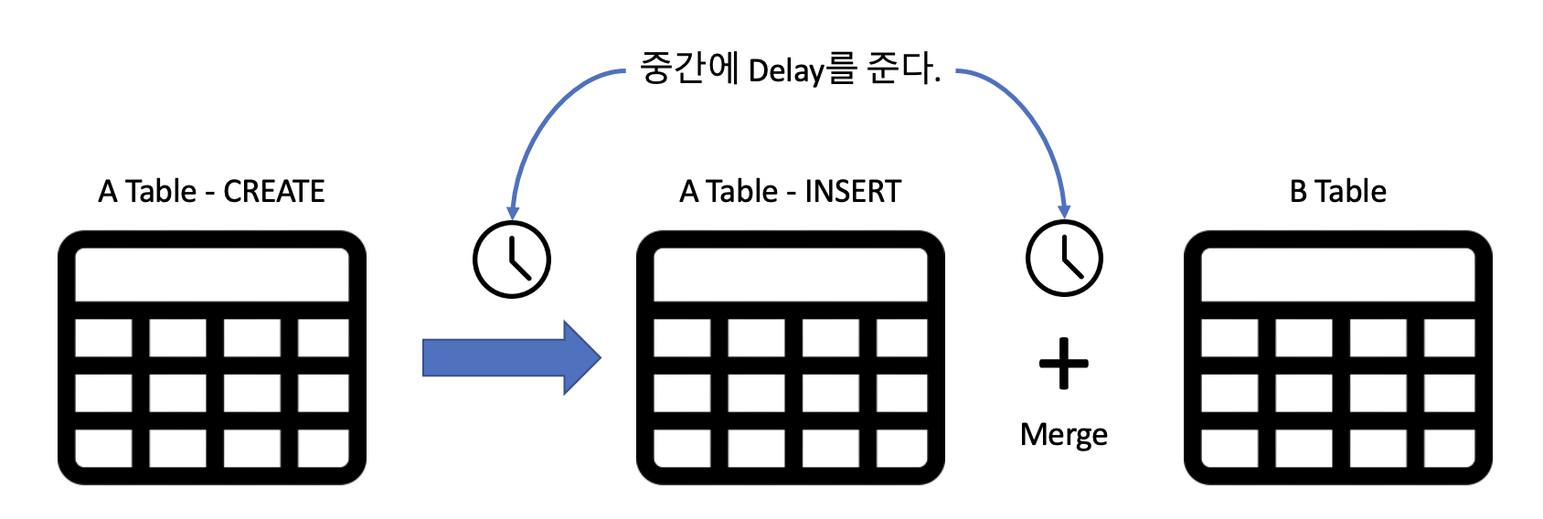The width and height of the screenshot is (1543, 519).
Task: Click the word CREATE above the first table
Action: point(274,192)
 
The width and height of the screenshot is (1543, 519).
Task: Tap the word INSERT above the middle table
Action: point(853,192)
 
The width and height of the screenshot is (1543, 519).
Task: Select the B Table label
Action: point(1337,192)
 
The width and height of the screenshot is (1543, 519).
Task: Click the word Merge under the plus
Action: point(1063,434)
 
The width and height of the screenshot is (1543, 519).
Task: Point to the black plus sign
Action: point(1064,364)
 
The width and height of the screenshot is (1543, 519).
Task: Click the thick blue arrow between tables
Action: point(511,357)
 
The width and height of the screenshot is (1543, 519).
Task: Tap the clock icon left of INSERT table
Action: point(512,259)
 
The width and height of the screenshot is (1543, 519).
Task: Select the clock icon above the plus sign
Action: point(1064,259)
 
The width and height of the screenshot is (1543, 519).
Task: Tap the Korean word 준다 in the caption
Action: point(900,69)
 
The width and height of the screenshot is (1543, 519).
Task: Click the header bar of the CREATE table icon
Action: point(212,274)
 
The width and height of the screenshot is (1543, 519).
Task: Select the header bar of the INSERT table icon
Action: point(791,274)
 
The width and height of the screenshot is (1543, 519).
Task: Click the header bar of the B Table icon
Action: point(1337,274)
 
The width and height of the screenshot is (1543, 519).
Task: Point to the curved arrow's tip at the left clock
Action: point(513,215)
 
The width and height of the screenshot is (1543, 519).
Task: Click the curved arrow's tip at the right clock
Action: point(1063,214)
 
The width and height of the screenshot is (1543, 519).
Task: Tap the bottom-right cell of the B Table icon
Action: point(1449,448)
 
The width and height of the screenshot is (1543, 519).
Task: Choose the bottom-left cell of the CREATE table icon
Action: point(102,448)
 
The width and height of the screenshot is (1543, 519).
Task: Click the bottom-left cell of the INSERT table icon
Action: point(682,448)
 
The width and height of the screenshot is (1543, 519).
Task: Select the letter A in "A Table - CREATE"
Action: point(108,192)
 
